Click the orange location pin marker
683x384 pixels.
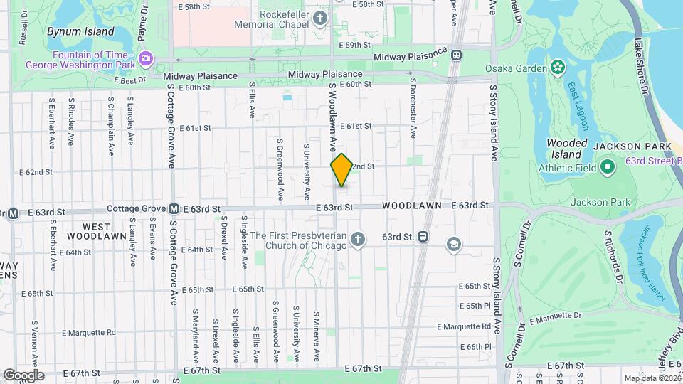[341, 169]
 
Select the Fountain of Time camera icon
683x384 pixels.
[146, 58]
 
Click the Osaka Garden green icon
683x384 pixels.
[557, 68]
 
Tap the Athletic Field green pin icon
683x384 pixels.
[607, 168]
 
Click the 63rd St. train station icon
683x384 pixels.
[423, 236]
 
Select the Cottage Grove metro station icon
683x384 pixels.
[173, 209]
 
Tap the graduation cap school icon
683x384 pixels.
[452, 245]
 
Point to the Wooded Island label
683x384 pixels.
[566, 149]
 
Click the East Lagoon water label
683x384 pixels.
[578, 106]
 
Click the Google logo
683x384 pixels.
[23, 375]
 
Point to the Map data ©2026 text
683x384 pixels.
[651, 378]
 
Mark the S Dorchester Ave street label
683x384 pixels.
[412, 108]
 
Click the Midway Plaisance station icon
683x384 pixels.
[456, 54]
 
